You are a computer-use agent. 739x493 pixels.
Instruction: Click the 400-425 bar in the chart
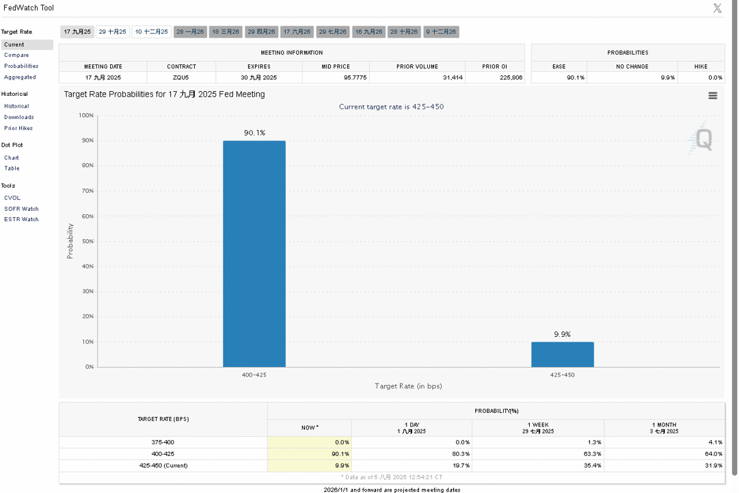coord(254,253)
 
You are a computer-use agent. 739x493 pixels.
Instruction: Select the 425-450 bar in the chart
coord(562,354)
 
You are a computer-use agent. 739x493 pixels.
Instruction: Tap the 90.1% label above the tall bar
coord(254,133)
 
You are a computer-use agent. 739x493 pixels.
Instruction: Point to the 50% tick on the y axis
coord(88,241)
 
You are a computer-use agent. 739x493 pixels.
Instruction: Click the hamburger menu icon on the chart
coord(712,95)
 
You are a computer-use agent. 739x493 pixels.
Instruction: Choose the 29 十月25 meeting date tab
coord(113,31)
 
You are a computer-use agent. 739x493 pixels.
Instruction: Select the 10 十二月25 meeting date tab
coord(151,31)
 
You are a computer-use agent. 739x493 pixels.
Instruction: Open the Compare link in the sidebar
coord(16,55)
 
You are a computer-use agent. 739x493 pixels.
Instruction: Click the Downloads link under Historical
coord(19,117)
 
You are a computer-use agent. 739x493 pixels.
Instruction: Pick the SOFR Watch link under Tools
coord(21,209)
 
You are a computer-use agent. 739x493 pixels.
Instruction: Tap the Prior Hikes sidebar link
coord(18,128)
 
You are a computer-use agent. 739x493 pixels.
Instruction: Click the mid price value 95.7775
coord(355,77)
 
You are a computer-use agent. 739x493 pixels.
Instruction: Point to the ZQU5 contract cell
coord(181,77)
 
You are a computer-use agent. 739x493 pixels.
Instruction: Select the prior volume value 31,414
coord(453,77)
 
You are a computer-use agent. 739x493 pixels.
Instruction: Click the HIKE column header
coord(701,66)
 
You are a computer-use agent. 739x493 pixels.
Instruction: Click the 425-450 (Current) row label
coord(163,466)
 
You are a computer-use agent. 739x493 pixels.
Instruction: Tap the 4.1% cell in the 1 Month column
coord(716,442)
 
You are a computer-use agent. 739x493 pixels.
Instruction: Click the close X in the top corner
coord(717,8)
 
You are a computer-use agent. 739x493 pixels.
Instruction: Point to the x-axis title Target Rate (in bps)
coord(408,385)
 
